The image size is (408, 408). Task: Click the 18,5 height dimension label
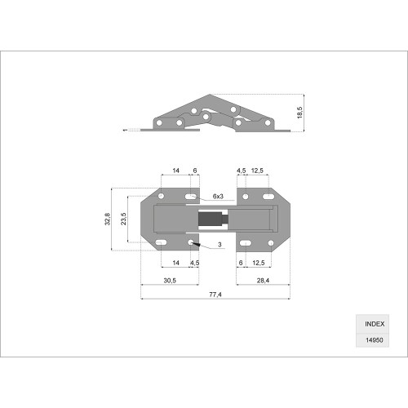click(299, 113)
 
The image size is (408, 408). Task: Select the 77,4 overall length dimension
click(215, 295)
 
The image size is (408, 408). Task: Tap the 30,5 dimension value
click(170, 281)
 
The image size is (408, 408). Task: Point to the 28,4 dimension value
click(263, 281)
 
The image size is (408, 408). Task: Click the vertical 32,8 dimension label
click(108, 219)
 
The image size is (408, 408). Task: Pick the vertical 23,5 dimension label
click(123, 219)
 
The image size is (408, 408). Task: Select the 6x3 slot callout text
click(218, 196)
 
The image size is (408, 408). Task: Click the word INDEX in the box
click(375, 324)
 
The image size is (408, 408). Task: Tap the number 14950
click(375, 340)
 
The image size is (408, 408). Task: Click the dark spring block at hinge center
click(209, 219)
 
